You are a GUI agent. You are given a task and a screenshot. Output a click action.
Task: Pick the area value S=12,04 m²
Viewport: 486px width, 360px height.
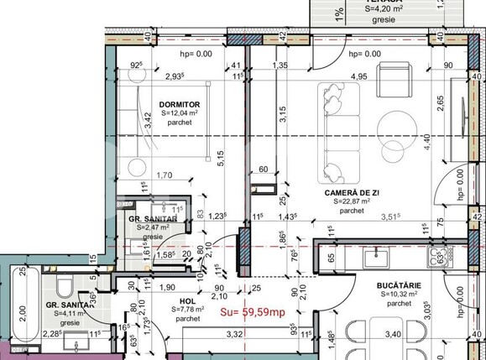tap(179, 112)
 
